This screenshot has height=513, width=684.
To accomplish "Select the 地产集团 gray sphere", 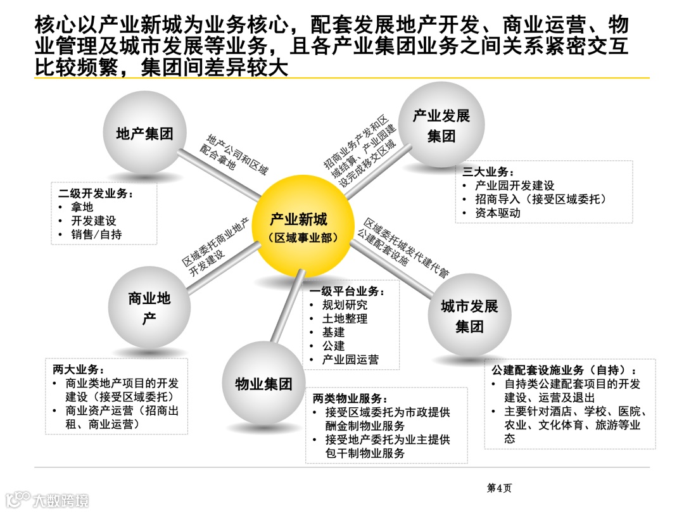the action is coord(144,134).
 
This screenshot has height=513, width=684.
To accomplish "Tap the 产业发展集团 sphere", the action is coord(441,125).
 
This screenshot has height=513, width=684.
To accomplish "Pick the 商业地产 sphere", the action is coord(149,308).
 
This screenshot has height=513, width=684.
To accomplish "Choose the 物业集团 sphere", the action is coord(263,383).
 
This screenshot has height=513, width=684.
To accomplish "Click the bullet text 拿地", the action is coord(82,207).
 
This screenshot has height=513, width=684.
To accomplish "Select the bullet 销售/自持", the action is coord(96,234).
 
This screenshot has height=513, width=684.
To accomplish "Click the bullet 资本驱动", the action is coord(498,213).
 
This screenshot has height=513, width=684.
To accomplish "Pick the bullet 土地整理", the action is coord(345,319).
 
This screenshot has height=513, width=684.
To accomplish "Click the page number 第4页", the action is coord(498,487).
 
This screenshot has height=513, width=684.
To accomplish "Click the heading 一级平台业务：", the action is coord(346,291).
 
